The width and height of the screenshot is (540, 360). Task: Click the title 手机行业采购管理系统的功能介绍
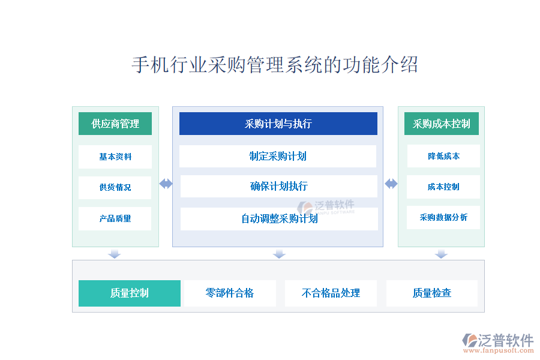pos(274,65)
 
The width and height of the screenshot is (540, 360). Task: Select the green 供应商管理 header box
pos(115,124)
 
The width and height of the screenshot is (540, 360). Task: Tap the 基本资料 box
pos(115,157)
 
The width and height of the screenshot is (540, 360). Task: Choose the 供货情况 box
pos(115,187)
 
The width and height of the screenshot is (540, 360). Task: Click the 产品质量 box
pos(115,218)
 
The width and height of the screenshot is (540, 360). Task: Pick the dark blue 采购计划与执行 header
pos(278,124)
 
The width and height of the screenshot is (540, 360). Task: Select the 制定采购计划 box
pos(278,156)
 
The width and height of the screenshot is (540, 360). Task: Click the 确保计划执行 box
pos(279,187)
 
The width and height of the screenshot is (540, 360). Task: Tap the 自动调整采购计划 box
pos(279,219)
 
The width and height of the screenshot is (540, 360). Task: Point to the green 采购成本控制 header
pos(442,124)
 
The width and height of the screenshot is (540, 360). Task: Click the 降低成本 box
pos(443,156)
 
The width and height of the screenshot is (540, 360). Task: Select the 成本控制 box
pos(443,187)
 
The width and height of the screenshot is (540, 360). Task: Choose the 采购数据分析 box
pos(443,217)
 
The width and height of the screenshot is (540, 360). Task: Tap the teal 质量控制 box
pos(130,293)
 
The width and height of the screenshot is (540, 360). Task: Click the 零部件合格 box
pos(230,293)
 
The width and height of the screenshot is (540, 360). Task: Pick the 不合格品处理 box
pos(331,293)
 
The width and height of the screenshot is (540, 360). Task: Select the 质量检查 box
pos(432,293)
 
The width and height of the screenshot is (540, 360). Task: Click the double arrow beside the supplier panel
pos(166,184)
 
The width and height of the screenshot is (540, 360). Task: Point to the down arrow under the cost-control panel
pos(441,254)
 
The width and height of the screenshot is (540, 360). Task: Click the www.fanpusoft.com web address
pos(499,350)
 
